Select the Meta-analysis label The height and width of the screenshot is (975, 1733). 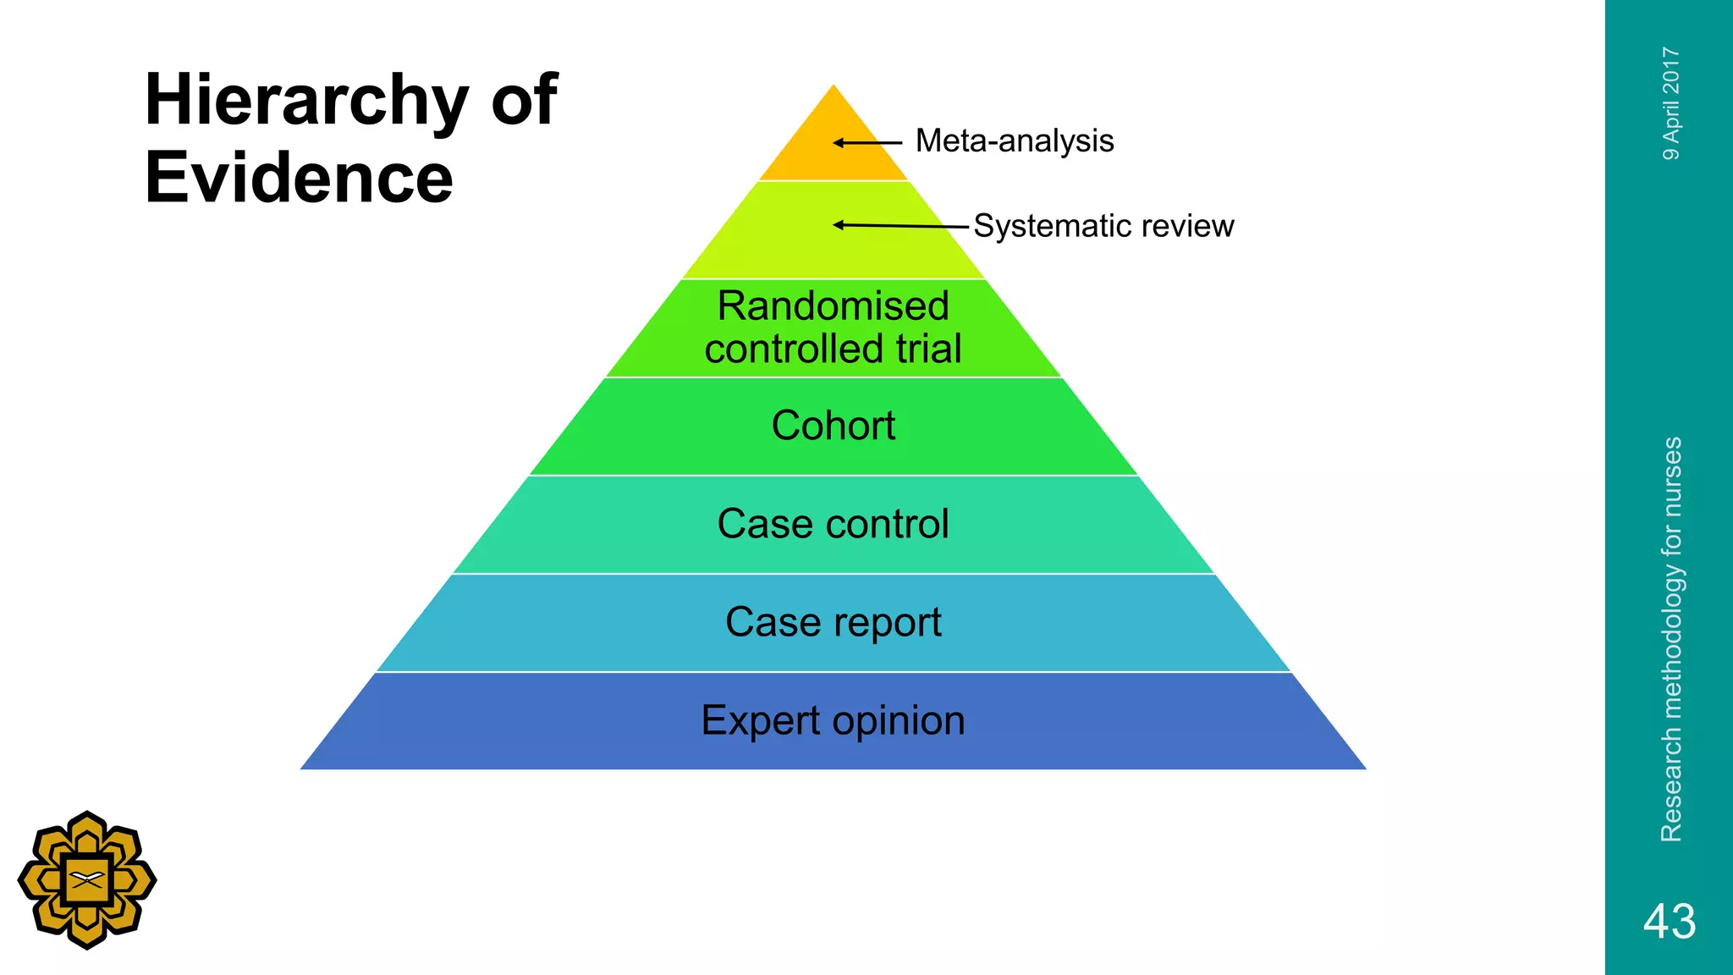1014,140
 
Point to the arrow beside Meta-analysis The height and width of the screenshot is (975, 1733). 867,143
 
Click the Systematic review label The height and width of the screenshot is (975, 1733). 1103,226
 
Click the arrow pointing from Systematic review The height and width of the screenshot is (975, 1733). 900,225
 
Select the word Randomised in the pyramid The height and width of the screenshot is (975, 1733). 833,306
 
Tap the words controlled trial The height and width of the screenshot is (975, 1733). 833,349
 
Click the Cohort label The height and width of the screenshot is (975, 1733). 833,426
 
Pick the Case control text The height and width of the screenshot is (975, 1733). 833,524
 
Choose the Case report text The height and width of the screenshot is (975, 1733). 833,623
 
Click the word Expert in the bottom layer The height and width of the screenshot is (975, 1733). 760,721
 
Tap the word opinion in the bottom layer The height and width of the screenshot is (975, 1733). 898,721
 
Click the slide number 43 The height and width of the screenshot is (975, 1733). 1669,921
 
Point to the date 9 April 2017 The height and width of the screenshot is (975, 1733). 1670,103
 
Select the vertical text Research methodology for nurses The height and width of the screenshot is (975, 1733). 1670,639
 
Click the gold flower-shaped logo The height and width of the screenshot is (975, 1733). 87,880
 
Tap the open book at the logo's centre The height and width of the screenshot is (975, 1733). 87,879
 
